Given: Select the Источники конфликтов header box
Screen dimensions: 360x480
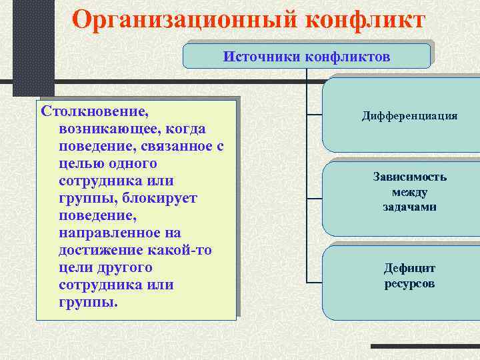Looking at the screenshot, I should pos(307,56).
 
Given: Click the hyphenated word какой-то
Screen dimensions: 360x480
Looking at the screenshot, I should pos(181,250).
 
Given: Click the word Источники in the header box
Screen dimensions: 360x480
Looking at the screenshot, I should pos(262,56).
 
